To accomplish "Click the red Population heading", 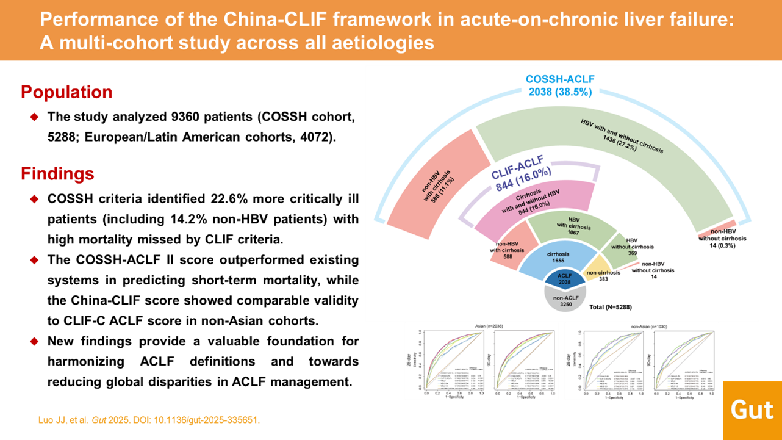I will [x=66, y=92].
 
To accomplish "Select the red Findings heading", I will [x=57, y=174].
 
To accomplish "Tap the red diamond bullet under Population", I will [x=34, y=117].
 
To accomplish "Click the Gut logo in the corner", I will [x=752, y=409].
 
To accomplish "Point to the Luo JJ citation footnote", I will [x=149, y=420].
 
